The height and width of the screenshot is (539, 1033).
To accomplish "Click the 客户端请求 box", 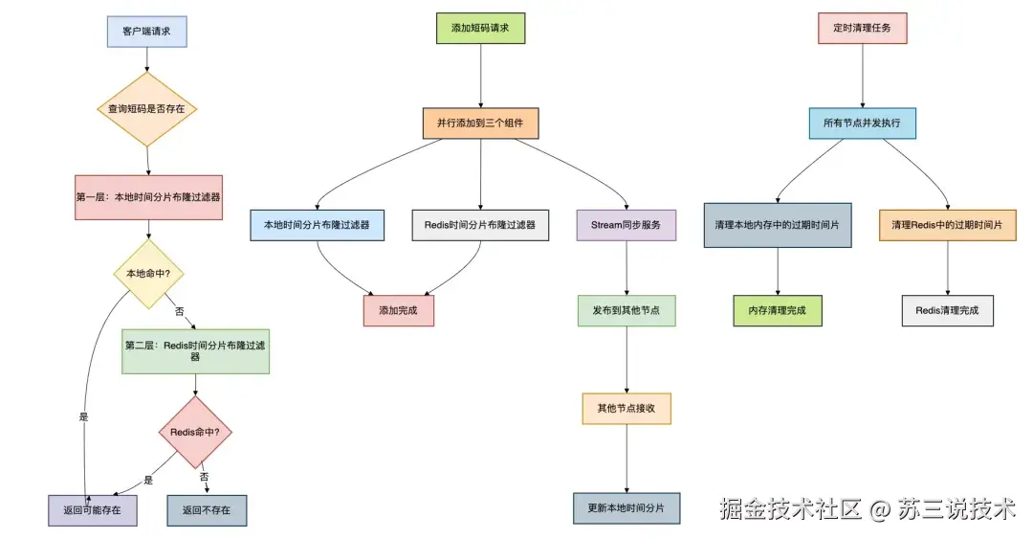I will [146, 32].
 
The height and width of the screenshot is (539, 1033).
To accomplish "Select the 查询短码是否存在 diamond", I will [146, 109].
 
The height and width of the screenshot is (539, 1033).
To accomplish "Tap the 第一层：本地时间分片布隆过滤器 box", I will [148, 196].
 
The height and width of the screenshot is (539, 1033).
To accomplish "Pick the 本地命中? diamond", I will [148, 274].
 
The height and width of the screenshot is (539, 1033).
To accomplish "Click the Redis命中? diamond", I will [195, 432].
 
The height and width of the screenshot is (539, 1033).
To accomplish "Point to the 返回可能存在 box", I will [93, 510].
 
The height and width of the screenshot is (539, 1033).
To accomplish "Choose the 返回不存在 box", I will [207, 510].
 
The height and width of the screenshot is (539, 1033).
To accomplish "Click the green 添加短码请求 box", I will [481, 28].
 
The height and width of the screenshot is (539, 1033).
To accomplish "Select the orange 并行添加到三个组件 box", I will [481, 124].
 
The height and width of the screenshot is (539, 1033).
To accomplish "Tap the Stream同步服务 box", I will [626, 225].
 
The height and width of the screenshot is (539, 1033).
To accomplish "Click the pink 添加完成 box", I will [399, 311].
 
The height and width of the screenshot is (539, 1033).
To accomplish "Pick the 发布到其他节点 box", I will [626, 311].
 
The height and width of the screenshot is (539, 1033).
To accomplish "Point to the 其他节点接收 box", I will [626, 408].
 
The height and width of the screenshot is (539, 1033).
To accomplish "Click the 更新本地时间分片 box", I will [626, 507].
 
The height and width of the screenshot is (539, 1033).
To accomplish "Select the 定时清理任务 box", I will [863, 28].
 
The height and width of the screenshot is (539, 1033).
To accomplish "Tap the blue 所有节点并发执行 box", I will [863, 124].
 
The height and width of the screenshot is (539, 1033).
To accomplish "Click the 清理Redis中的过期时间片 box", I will [948, 225].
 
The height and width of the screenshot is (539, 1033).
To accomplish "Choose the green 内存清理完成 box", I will [778, 311].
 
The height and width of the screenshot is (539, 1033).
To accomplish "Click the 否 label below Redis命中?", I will [204, 476].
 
